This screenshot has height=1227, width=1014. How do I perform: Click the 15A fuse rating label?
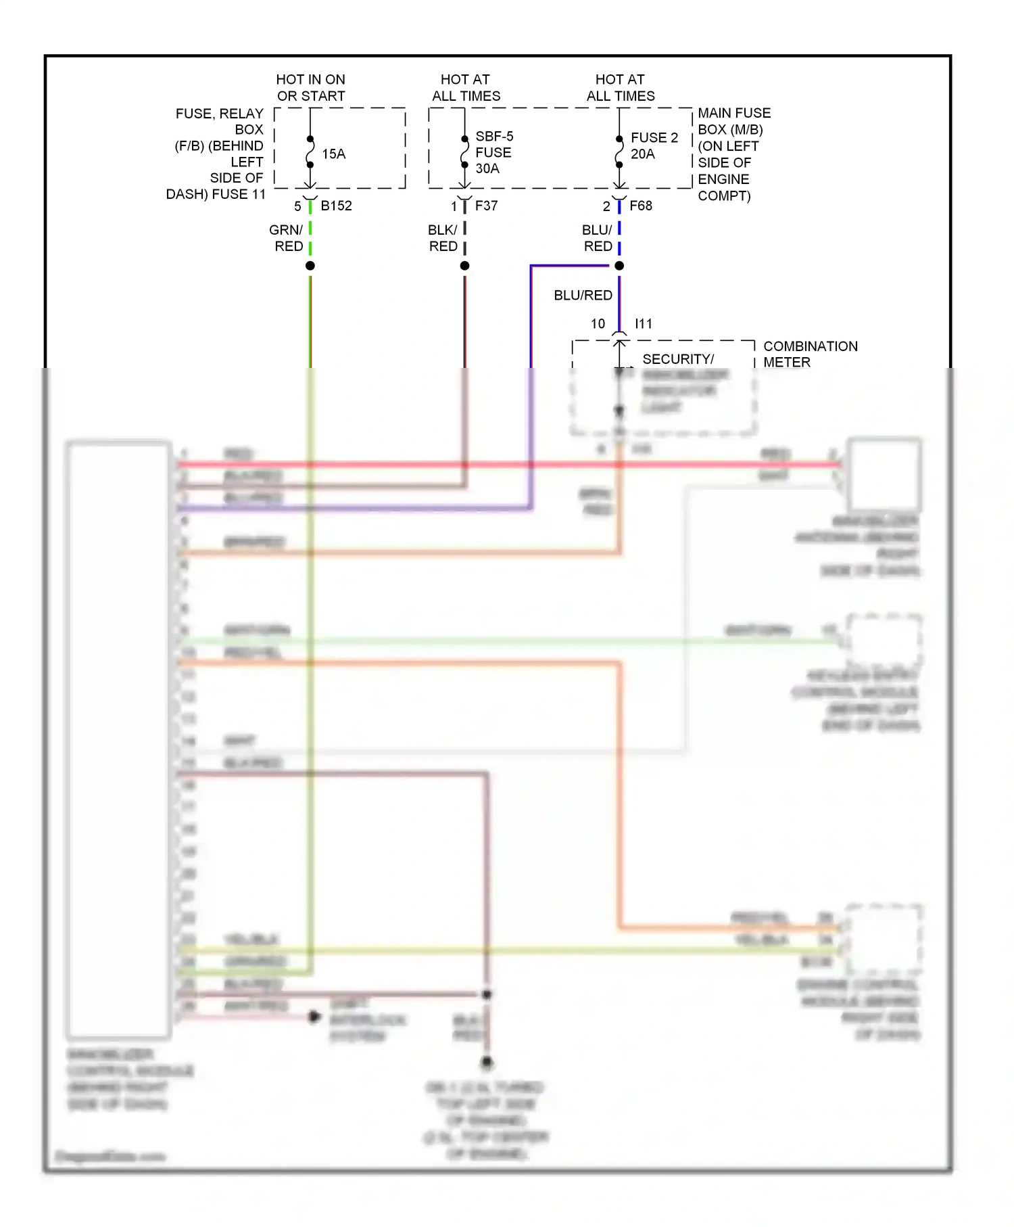333,154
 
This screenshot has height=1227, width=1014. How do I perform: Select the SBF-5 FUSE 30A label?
493,152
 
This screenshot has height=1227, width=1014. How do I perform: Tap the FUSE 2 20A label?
654,145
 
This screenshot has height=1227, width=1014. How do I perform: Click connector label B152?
336,206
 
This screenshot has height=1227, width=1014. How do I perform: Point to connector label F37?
486,206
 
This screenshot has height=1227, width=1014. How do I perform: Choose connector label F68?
640,206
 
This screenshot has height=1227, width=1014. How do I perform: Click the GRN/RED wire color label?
287,238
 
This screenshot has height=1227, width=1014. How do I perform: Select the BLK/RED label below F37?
443,238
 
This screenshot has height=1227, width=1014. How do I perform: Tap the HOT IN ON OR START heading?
311,88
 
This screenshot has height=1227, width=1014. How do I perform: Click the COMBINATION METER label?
810,354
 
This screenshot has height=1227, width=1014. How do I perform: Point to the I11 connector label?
643,324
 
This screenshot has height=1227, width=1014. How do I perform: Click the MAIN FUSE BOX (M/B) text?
733,121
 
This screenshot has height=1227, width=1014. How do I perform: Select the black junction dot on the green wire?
310,266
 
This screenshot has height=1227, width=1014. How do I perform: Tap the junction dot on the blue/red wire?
619,266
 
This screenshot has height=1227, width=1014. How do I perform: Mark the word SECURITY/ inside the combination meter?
677,359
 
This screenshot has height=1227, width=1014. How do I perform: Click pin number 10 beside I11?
598,324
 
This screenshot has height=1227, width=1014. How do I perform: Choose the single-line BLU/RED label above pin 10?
583,296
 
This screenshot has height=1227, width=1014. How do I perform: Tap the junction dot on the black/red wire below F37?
464,266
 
